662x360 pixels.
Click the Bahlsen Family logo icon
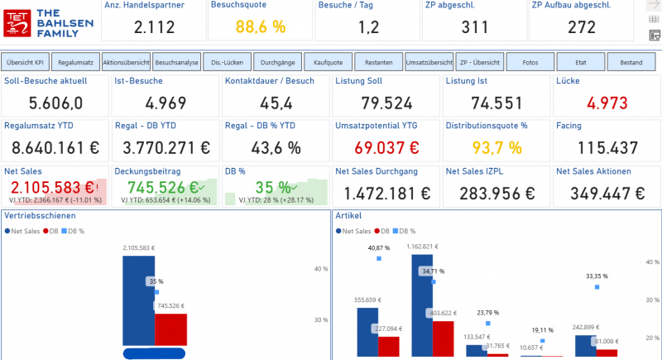(x=18, y=23)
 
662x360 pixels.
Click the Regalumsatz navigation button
(x=76, y=62)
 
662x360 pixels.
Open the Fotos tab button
(x=530, y=62)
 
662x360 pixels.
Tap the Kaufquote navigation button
(x=328, y=62)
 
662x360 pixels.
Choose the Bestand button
(x=631, y=62)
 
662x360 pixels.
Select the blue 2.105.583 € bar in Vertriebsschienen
(x=137, y=300)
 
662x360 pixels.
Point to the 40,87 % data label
(x=379, y=248)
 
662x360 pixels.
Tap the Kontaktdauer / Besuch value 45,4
(x=276, y=103)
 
